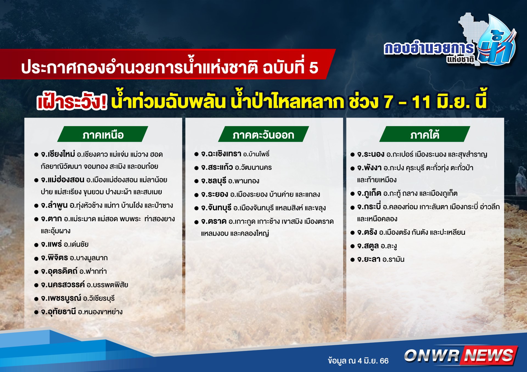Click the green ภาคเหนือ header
point(103,134)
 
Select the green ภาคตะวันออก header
point(263,134)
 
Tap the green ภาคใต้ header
point(425,134)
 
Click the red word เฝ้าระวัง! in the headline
point(72,102)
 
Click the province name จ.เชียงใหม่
point(58,154)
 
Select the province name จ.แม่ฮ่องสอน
point(63,180)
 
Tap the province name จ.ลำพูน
point(54,205)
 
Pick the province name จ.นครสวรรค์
point(63,285)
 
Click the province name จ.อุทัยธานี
point(58,312)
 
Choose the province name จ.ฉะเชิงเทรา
point(221,154)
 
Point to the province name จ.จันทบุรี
point(216,208)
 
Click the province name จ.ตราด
point(214,221)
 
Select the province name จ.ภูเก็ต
point(369,193)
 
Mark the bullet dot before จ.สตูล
point(353,246)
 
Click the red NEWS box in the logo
point(489,355)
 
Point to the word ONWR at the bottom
point(432,355)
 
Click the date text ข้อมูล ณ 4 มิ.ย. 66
point(358,361)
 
